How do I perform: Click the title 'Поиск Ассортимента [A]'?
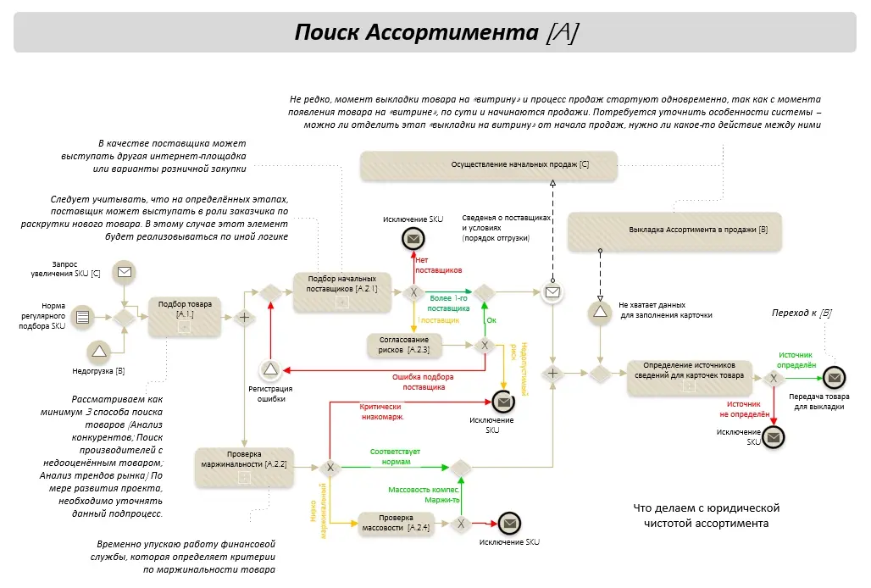point(436,32)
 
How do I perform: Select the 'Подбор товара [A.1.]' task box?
point(185,317)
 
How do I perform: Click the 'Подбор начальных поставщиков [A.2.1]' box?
point(341,292)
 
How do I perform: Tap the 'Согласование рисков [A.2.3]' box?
point(404,345)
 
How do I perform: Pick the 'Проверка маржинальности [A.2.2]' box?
point(244,468)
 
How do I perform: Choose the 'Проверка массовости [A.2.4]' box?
point(396,523)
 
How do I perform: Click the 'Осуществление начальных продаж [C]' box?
point(489,165)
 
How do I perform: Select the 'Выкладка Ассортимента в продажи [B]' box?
point(674,230)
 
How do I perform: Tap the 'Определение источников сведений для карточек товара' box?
point(690,378)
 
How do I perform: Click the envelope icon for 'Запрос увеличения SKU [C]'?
point(125,272)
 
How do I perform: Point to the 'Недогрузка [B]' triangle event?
point(99,351)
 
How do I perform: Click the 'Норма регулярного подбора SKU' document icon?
point(83,317)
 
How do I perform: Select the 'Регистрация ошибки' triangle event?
point(270,369)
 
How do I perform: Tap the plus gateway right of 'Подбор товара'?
point(244,318)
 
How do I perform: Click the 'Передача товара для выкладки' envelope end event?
point(834,378)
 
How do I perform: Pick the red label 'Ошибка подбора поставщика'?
point(424,382)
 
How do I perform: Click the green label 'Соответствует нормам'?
point(396,457)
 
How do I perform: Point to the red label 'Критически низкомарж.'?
point(381,412)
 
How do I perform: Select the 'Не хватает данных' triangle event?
point(600,312)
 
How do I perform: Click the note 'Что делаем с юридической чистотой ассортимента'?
point(707,515)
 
